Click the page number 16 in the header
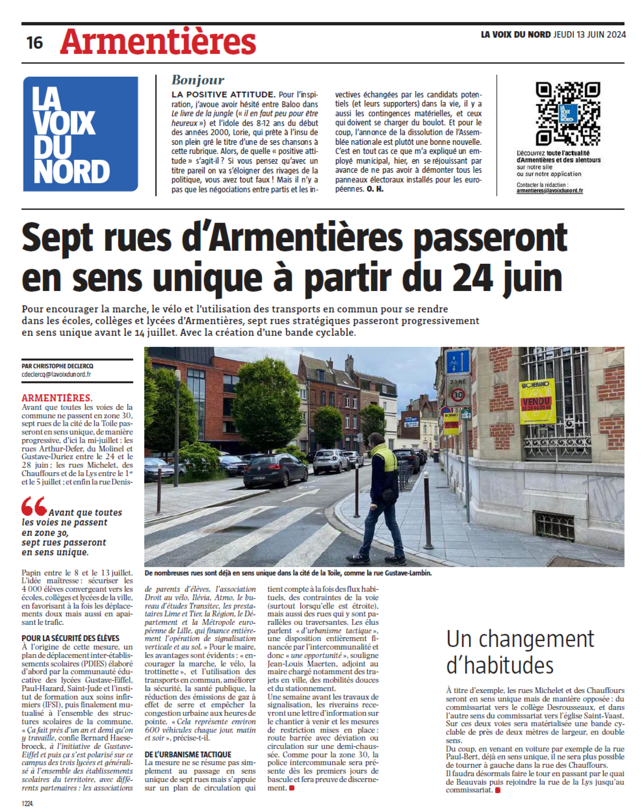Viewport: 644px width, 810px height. coord(34,43)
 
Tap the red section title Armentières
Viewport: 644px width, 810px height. coord(158,41)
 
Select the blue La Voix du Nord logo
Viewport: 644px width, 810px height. coord(80,134)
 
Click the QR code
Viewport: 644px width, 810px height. coord(568,113)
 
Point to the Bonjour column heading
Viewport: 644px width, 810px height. coord(198,80)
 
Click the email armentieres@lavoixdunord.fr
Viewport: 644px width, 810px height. coord(550,191)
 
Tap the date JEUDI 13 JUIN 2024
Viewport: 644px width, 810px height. coord(590,35)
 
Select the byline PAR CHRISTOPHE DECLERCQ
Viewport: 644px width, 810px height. coord(58,366)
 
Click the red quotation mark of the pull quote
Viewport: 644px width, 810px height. coord(34,506)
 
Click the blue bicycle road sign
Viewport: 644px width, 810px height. coord(457,361)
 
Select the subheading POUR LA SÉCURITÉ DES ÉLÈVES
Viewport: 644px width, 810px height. coord(71,638)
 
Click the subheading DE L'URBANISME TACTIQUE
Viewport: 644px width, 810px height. coord(188,754)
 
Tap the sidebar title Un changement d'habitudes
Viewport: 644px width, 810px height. coord(520,652)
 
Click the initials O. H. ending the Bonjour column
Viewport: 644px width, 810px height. coord(375,189)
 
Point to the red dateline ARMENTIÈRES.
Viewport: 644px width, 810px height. coord(57,398)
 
